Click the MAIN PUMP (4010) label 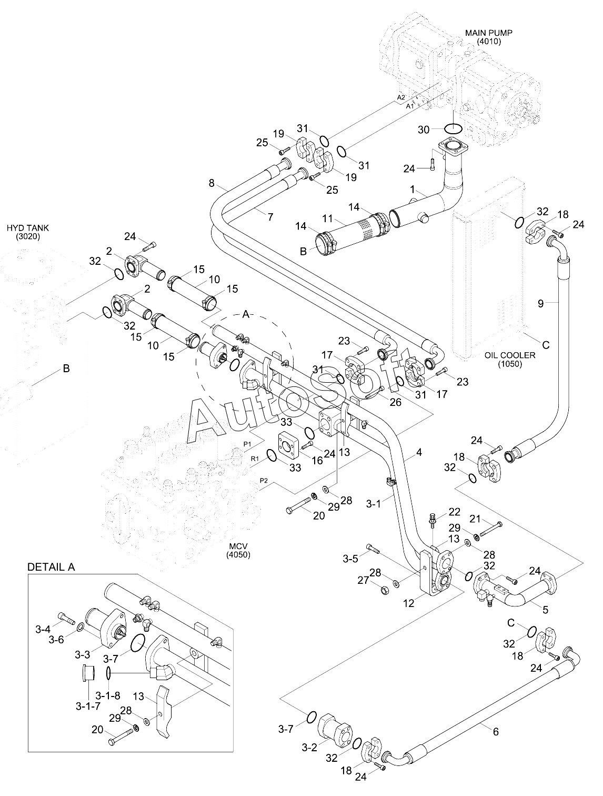click(488, 37)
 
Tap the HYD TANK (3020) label click(28, 232)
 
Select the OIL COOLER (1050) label click(510, 360)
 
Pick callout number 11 click(328, 218)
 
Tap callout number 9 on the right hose click(541, 304)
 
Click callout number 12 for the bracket click(408, 603)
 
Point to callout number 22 click(455, 512)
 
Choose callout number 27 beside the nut click(363, 581)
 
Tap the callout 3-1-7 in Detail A click(88, 706)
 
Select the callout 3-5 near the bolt click(350, 559)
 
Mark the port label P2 click(264, 481)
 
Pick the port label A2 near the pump click(401, 97)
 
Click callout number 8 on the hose click(212, 183)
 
